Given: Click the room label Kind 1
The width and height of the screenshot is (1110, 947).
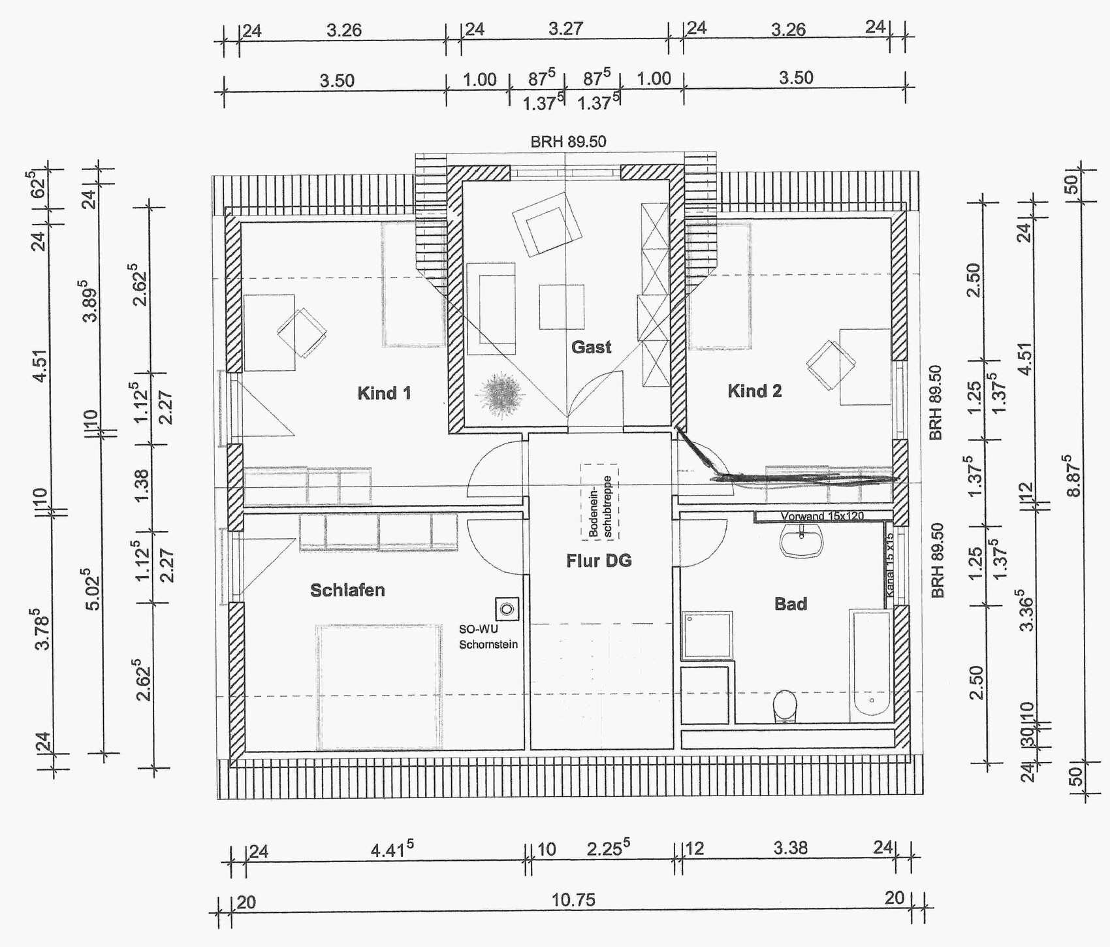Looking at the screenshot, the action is tap(384, 393).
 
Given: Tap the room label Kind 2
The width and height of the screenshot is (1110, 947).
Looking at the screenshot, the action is tap(754, 391).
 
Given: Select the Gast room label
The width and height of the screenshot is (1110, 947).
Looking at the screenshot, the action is tap(592, 347).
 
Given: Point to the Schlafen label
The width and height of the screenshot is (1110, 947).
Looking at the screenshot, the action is tap(347, 590).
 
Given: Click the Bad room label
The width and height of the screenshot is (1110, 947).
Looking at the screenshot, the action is tap(791, 604).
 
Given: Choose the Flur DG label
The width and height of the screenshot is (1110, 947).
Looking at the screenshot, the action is tap(599, 560).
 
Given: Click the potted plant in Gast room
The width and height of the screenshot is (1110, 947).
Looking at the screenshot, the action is tap(501, 394).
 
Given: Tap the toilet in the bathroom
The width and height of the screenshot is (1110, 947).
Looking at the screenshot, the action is tap(785, 707).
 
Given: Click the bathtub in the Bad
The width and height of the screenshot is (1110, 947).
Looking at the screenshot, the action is tap(871, 663).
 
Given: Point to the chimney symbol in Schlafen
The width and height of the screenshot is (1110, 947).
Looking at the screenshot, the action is tap(507, 610).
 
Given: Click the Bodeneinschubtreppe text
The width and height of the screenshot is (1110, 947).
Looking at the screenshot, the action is tap(599, 501).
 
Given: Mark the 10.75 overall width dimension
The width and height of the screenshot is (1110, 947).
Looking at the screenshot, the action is tap(573, 901).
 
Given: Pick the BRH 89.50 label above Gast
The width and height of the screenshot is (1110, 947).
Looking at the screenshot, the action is tap(568, 142).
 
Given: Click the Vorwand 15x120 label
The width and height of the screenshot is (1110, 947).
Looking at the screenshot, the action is tap(822, 516).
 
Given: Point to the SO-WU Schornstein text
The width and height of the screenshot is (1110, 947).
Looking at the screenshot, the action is tap(488, 637).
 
